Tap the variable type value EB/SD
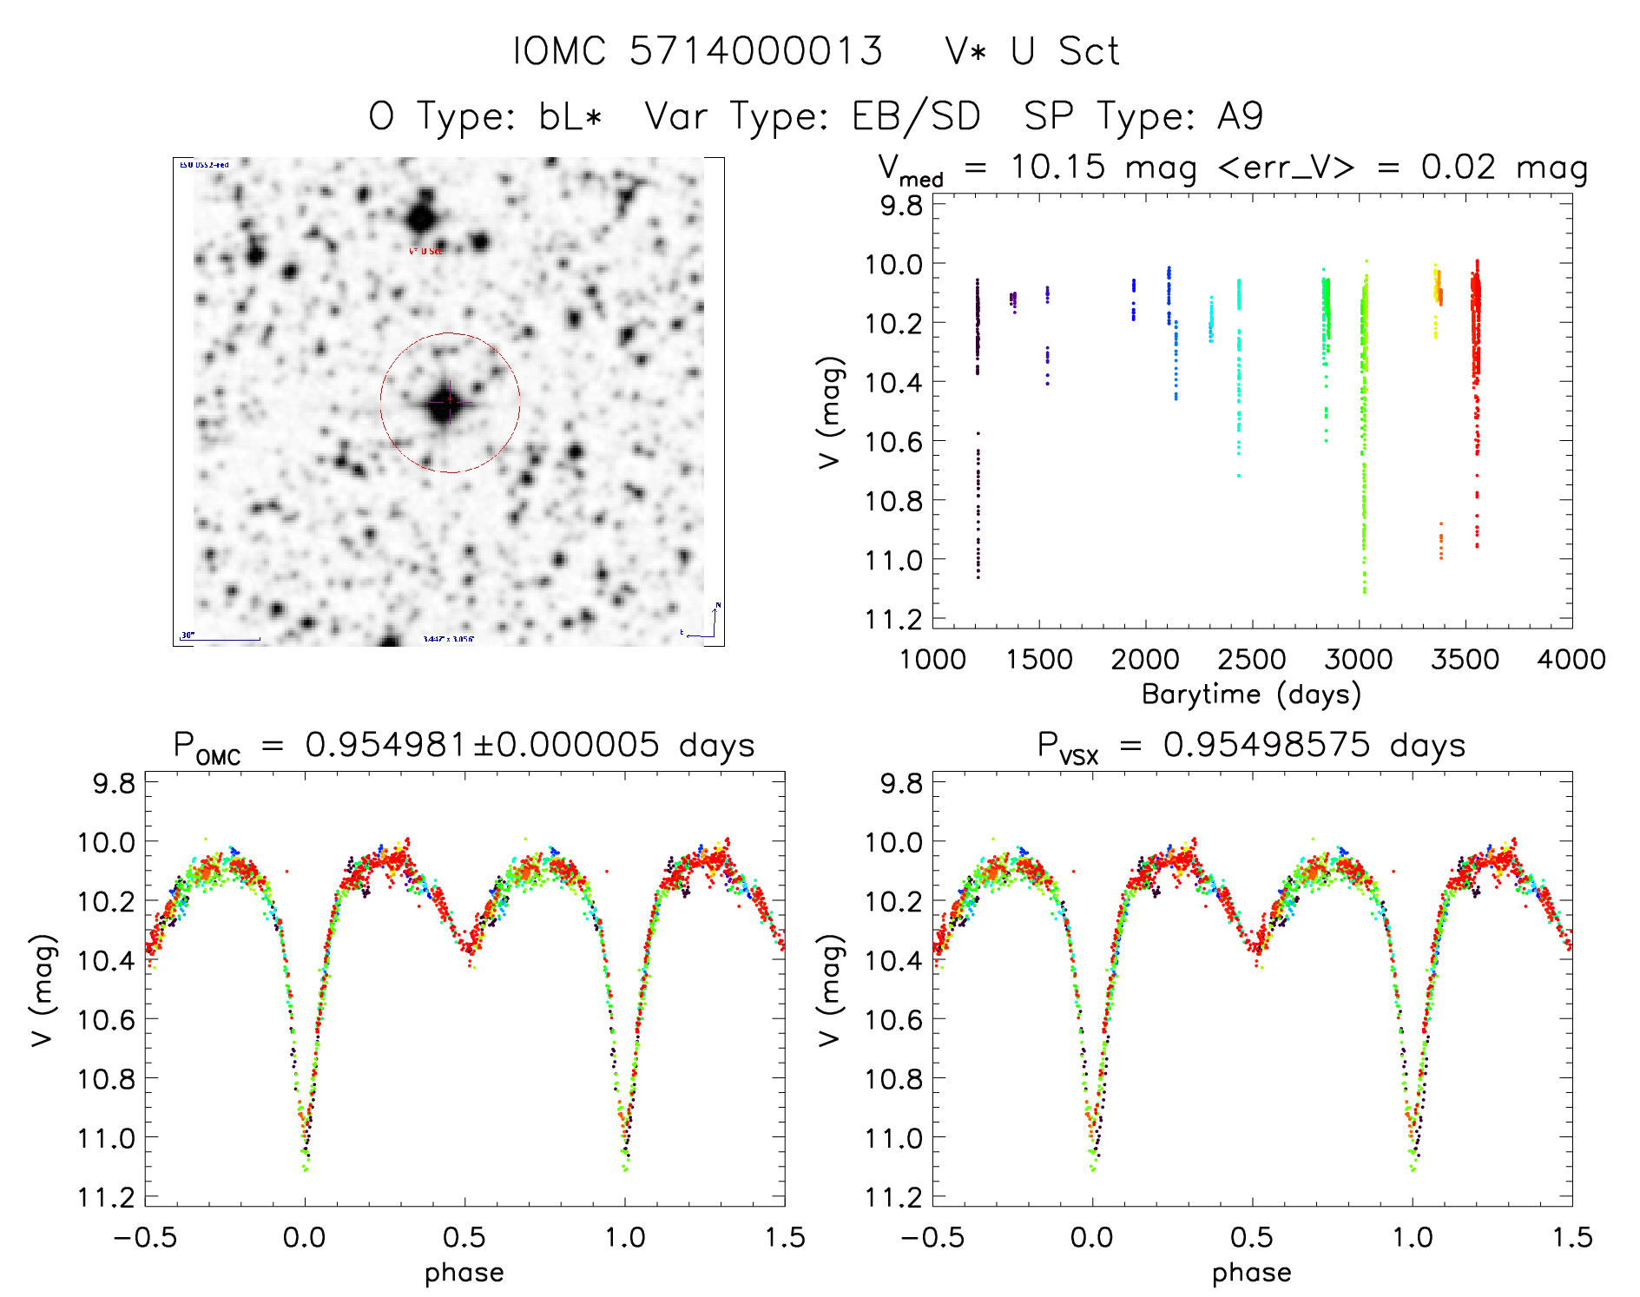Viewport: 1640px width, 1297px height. coord(916,116)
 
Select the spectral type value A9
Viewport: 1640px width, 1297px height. coord(1240,116)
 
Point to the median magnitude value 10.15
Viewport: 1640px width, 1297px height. coord(1057,167)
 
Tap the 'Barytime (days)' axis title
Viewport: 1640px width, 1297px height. coord(1251,695)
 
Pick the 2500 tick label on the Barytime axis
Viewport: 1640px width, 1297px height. coord(1252,660)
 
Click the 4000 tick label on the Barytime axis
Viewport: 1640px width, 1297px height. coord(1571,660)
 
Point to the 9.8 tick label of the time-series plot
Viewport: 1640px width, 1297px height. coord(901,206)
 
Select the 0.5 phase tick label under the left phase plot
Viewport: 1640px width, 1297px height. coord(464,1237)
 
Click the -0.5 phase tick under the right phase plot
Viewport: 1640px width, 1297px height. coord(932,1237)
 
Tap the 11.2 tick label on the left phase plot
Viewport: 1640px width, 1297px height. coord(107,1197)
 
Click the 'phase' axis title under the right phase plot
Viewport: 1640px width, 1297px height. coord(1251,1273)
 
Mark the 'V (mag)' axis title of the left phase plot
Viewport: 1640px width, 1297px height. coord(43,991)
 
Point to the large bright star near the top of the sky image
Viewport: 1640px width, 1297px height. coord(422,216)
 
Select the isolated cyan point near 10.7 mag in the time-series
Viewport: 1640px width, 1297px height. coord(1239,476)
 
